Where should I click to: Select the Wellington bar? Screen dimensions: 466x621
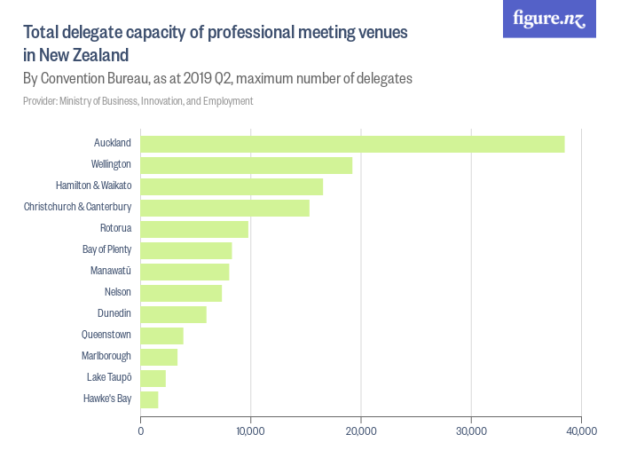pos(247,165)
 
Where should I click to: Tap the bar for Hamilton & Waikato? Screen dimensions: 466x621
pos(232,186)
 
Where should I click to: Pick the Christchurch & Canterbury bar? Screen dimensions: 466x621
pos(225,208)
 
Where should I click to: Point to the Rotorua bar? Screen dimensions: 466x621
pos(194,229)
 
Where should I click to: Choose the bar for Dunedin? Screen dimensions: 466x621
pos(174,314)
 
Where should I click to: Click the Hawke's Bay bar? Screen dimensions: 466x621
pos(150,399)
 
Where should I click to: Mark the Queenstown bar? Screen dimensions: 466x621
pos(162,336)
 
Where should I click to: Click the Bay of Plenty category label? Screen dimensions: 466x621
pos(106,249)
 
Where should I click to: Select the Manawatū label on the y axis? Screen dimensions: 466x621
pos(111,271)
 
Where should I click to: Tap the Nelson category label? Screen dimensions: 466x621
pos(118,292)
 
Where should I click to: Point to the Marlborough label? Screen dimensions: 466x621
pos(106,356)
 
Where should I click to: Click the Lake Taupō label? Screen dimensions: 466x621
pos(109,377)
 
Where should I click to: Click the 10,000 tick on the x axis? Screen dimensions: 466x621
pos(250,431)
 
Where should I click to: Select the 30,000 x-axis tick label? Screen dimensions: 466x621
pos(471,431)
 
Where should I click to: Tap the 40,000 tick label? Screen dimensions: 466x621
pos(581,431)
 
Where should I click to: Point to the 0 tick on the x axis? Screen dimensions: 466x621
pos(141,431)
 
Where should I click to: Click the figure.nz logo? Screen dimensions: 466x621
pos(550,19)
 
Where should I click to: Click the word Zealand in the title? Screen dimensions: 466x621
pos(98,55)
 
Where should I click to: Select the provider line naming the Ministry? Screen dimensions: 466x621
pos(138,101)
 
